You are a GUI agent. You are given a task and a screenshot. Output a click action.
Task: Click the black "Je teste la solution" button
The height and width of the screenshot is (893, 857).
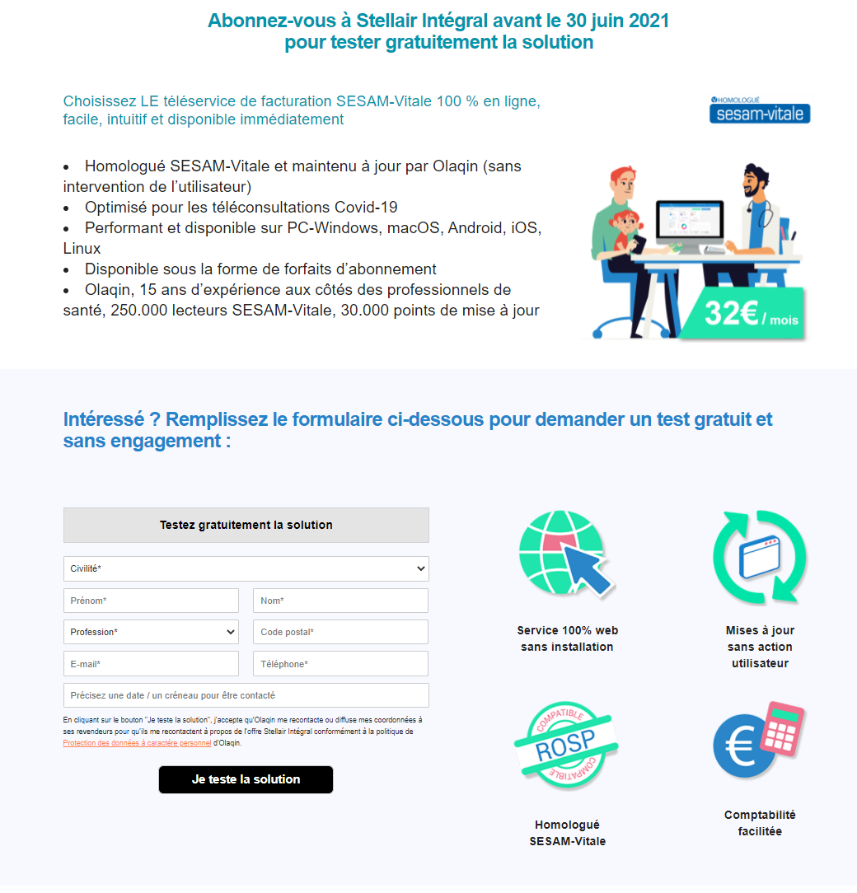tap(246, 779)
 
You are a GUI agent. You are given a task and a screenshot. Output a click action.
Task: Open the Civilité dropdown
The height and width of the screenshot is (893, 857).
tap(246, 568)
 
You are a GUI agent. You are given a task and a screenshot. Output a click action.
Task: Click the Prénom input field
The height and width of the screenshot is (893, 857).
tap(151, 601)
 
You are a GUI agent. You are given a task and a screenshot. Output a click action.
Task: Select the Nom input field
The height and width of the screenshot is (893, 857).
tap(340, 601)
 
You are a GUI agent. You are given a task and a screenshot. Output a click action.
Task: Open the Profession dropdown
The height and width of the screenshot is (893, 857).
tap(151, 632)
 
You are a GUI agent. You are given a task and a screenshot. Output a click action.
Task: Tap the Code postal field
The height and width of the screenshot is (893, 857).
tap(340, 632)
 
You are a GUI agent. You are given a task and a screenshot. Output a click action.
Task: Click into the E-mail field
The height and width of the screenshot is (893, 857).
tap(151, 664)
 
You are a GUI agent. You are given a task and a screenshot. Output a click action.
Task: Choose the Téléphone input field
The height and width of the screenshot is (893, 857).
tap(340, 664)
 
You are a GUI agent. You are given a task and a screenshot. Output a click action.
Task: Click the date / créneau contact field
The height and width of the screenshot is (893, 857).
tap(246, 695)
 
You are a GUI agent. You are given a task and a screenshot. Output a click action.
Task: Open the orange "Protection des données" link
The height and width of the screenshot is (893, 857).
tap(137, 743)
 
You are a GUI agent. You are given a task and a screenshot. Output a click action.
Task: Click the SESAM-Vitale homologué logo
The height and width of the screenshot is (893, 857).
tap(760, 110)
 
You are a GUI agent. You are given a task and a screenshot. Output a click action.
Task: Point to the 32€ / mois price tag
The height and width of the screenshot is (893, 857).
tap(752, 314)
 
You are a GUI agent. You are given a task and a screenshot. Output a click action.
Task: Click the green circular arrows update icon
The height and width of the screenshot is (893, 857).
tap(760, 558)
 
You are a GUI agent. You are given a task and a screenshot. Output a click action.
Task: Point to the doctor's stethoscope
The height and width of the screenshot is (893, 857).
tap(766, 216)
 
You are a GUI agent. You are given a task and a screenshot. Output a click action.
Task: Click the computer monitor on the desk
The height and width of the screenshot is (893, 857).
tap(689, 224)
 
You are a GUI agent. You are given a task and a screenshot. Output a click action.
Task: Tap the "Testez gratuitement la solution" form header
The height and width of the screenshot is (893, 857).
tap(246, 525)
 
